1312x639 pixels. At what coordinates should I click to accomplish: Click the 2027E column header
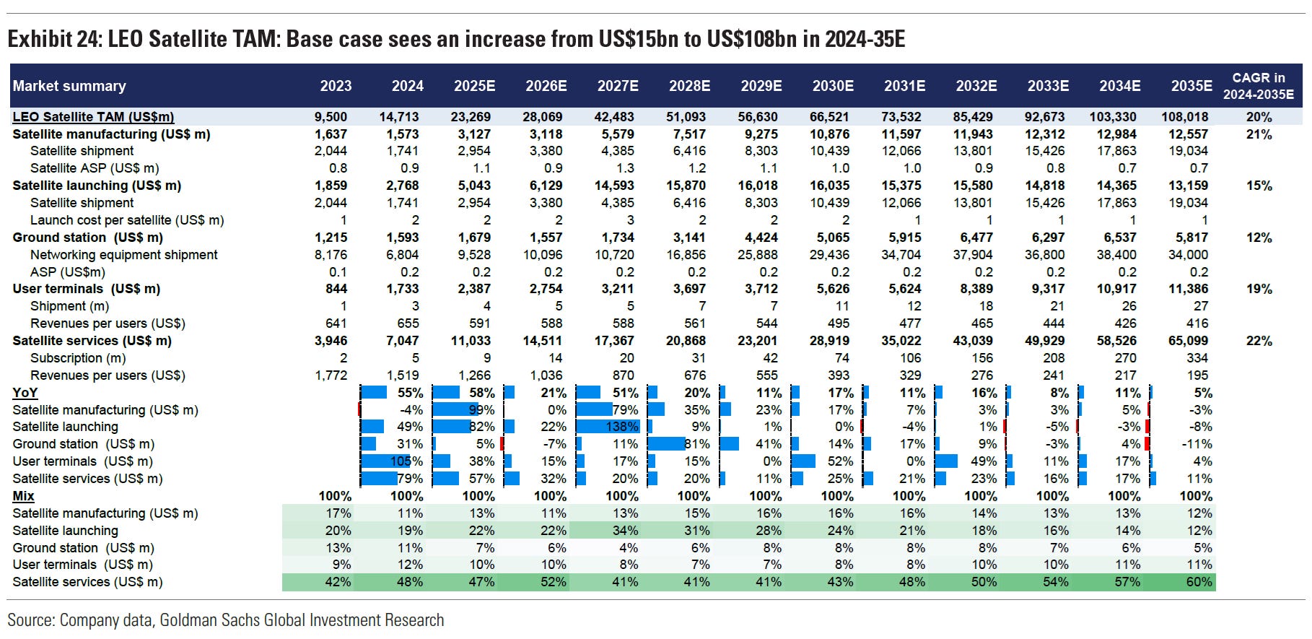tap(618, 86)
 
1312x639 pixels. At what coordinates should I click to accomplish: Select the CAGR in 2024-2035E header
tap(1258, 86)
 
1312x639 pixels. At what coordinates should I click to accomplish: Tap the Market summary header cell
tap(69, 86)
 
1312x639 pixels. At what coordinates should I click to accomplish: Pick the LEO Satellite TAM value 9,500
tap(331, 117)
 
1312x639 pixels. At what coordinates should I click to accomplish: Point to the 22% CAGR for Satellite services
tap(1259, 341)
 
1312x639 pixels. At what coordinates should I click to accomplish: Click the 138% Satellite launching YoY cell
tap(621, 427)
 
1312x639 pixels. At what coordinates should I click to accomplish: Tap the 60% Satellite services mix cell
tap(1199, 582)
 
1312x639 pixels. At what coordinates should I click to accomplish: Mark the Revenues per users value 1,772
tap(331, 375)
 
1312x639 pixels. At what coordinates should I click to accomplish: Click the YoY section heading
tap(25, 393)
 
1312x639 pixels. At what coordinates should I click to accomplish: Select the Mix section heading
tap(24, 496)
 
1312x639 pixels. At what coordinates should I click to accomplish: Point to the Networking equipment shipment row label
tap(123, 255)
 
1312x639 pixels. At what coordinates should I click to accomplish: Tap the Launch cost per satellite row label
tap(127, 220)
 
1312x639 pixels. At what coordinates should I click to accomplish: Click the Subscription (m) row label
tap(78, 358)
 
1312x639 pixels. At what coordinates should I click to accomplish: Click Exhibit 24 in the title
tap(53, 38)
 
